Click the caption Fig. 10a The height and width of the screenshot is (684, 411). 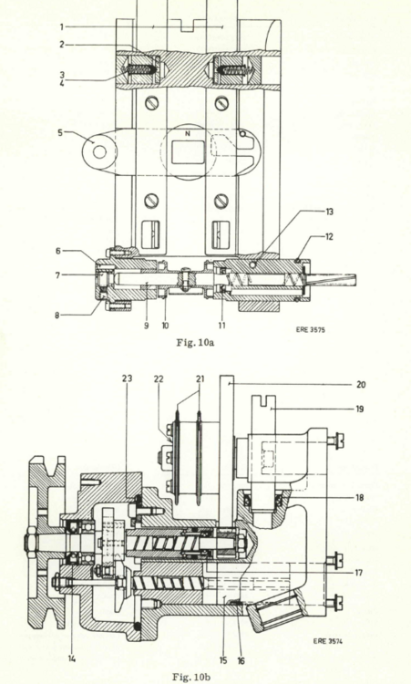click(195, 342)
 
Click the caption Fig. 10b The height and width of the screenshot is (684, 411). click(191, 677)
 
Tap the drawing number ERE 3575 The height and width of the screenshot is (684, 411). click(311, 330)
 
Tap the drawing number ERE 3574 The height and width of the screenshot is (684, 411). click(328, 641)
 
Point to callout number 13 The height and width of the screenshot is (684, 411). click(330, 212)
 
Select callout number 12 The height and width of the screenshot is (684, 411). click(329, 236)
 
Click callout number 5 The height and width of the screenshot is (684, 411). click(60, 132)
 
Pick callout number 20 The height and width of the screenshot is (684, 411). click(361, 385)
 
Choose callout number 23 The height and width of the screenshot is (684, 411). click(127, 378)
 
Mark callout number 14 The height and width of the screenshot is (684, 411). click(71, 658)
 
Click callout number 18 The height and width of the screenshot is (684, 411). click(360, 497)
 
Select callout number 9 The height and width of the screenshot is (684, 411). click(147, 326)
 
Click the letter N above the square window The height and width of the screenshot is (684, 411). click(188, 134)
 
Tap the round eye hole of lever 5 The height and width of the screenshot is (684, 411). click(100, 151)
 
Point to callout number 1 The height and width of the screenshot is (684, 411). click(61, 27)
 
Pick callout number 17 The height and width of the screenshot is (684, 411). click(358, 573)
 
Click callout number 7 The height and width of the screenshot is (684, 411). click(58, 275)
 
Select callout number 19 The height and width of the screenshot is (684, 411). click(360, 409)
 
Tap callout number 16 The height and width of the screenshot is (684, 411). click(241, 661)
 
